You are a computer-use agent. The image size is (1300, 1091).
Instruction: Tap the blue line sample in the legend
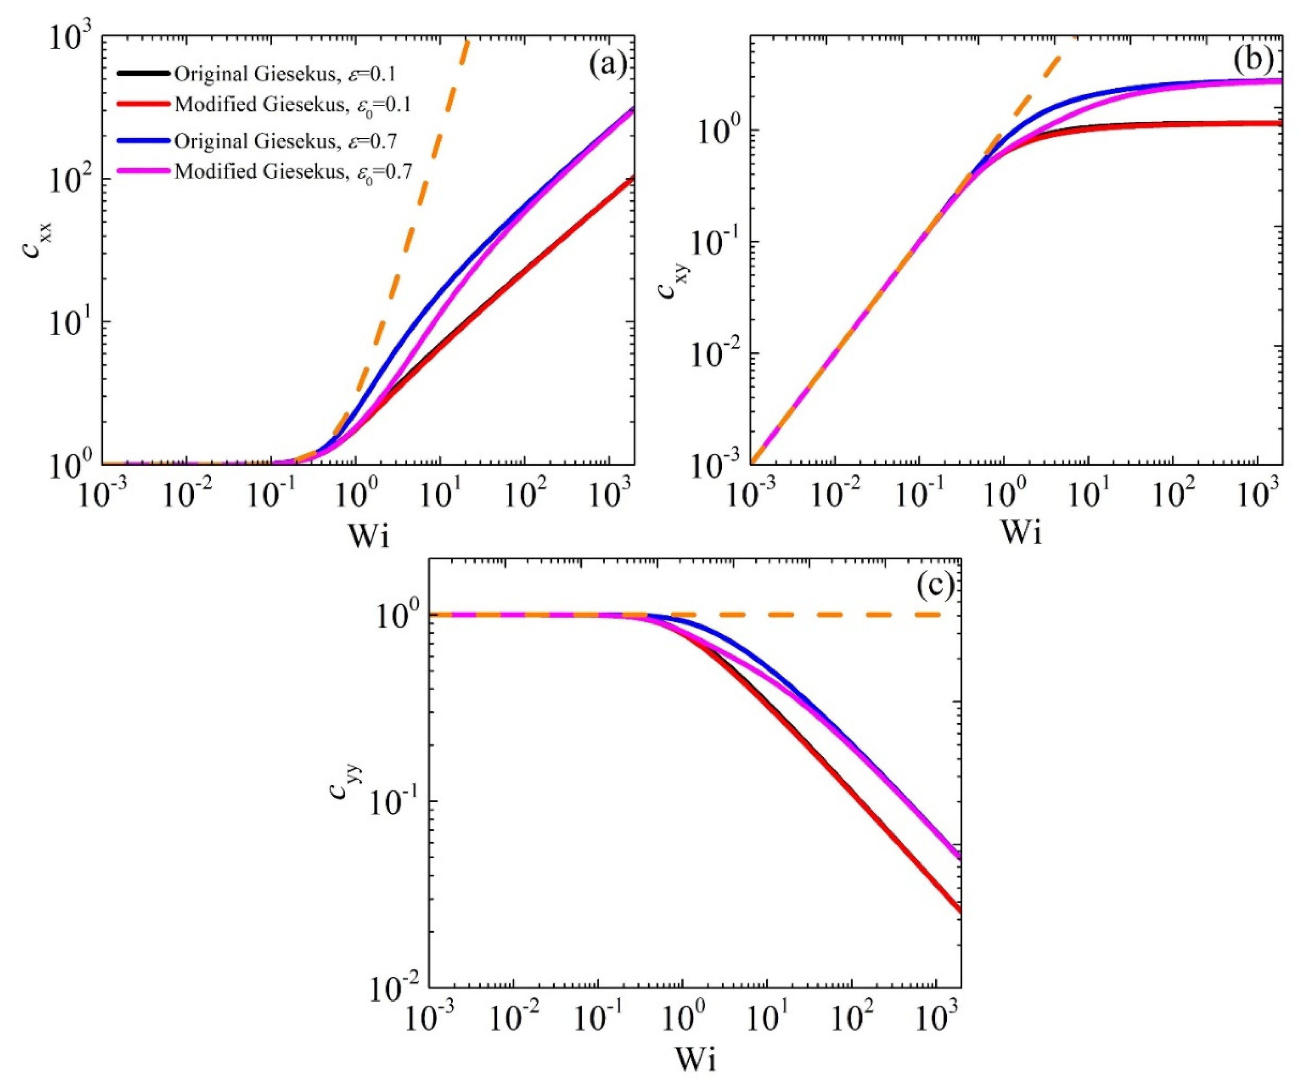tap(143, 141)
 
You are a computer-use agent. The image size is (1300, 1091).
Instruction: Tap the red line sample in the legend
tap(143, 105)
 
